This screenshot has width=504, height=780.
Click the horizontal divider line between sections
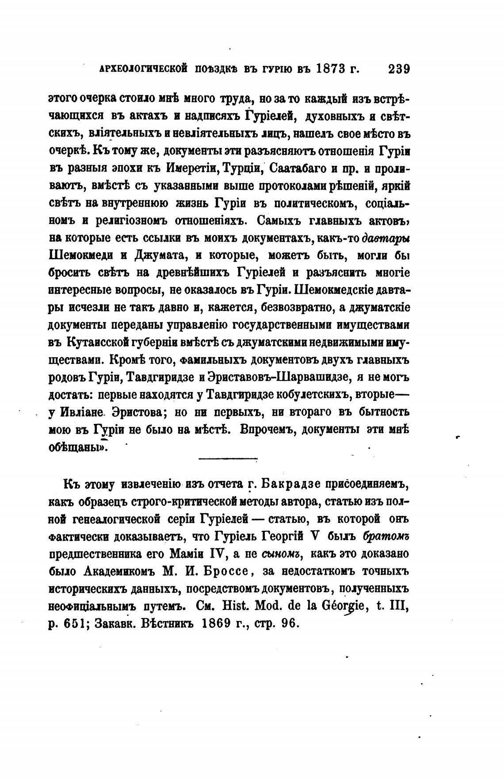(228, 458)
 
